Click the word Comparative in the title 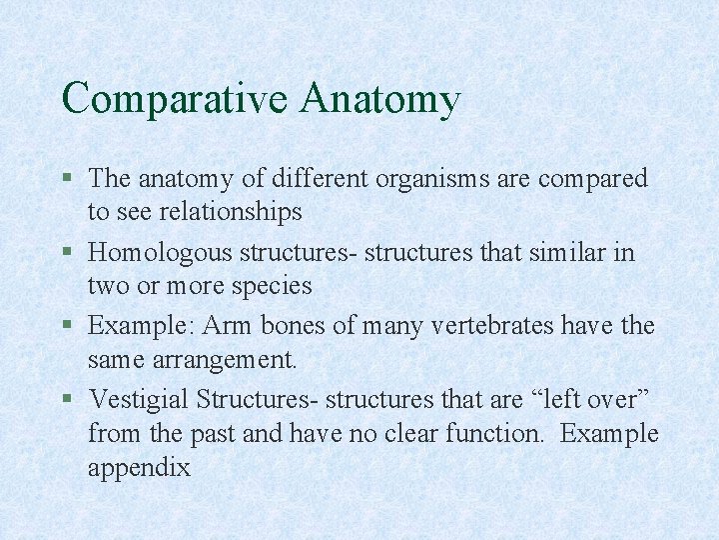[x=174, y=100]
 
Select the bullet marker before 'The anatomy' [x=67, y=179]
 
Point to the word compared [x=593, y=180]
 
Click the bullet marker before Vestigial [x=67, y=400]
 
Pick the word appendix [x=139, y=468]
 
